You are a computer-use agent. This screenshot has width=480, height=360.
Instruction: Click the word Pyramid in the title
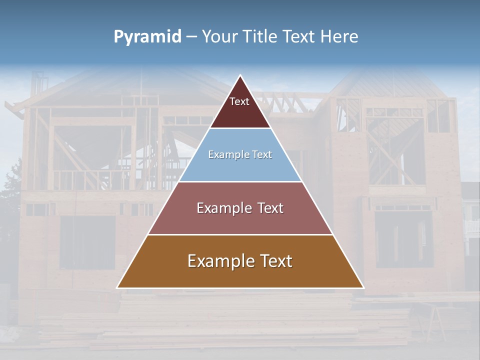147,37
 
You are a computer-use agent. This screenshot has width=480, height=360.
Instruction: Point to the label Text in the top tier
239,101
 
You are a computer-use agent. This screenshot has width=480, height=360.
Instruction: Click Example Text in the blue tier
240,155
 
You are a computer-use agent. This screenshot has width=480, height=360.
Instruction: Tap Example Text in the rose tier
240,208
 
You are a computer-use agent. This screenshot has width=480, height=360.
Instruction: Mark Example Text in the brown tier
240,261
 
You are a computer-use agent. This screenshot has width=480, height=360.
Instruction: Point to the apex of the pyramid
240,76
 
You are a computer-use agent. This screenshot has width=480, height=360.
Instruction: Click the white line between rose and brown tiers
240,234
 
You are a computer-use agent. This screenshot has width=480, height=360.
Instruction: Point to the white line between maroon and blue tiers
240,128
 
